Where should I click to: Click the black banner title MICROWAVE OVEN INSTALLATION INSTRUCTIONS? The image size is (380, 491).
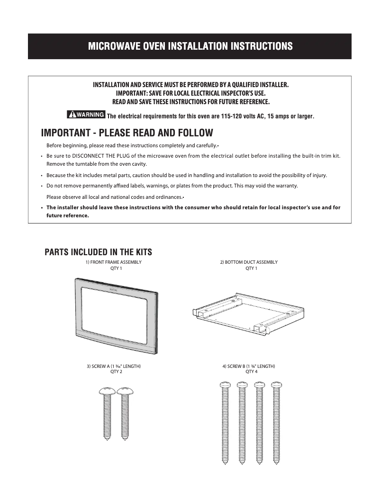[190, 46]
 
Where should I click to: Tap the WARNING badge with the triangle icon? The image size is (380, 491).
[86, 115]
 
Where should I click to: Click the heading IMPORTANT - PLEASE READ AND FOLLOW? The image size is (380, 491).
[127, 132]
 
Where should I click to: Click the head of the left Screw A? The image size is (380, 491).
[107, 390]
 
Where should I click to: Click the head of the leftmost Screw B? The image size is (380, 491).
[225, 384]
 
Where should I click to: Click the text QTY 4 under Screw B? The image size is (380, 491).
[251, 372]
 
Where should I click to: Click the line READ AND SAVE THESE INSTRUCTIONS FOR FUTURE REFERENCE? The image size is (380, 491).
[190, 102]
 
